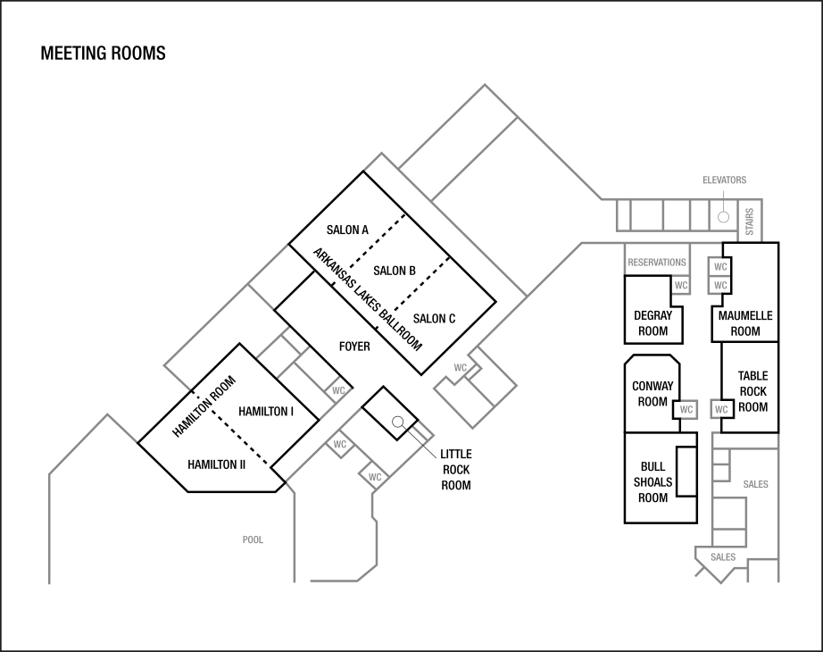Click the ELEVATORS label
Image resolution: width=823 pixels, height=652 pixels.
[724, 180]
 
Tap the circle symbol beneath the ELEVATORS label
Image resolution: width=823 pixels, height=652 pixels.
[724, 217]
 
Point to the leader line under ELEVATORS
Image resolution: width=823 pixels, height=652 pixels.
[724, 197]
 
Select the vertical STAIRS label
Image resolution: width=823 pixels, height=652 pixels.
[751, 222]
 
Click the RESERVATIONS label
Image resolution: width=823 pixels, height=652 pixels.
[657, 263]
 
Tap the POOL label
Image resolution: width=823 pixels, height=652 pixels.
[253, 540]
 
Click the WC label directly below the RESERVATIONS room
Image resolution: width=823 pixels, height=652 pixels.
[681, 286]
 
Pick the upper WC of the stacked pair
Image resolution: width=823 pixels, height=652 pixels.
[720, 267]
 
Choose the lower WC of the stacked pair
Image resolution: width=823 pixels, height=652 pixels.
[720, 286]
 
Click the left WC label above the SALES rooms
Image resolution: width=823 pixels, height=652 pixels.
[686, 410]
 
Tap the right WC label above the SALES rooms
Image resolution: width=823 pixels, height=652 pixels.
[721, 410]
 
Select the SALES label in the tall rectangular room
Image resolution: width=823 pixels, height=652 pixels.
[755, 484]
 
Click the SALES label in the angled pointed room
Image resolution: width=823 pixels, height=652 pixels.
[723, 557]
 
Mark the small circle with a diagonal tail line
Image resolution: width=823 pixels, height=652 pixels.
[398, 422]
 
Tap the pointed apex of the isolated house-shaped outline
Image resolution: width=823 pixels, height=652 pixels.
[108, 414]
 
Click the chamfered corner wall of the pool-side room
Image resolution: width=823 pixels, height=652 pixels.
[367, 573]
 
